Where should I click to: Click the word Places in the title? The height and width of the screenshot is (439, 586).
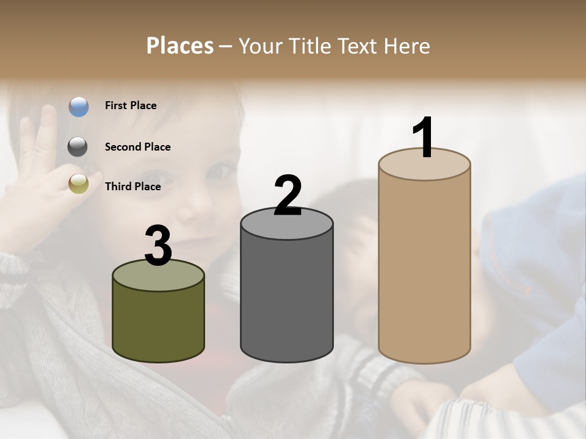(x=180, y=46)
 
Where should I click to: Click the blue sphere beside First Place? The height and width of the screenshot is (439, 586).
(x=78, y=107)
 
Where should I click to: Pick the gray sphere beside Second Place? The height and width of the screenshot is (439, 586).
(x=78, y=147)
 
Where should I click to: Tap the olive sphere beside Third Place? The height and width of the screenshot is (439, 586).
(x=78, y=184)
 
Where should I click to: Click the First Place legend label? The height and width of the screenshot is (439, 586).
(x=131, y=105)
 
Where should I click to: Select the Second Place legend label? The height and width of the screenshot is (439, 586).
(x=137, y=147)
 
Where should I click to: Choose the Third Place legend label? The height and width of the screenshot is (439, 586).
(x=132, y=187)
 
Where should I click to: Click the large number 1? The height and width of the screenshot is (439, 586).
(x=424, y=138)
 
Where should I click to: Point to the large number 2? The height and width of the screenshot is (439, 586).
(x=288, y=196)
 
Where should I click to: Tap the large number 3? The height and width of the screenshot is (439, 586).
(x=158, y=246)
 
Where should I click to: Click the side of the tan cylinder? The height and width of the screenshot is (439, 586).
(x=424, y=268)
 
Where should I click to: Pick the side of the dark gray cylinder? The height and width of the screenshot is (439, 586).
(x=287, y=299)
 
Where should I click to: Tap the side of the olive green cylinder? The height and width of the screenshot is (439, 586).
(x=158, y=323)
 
